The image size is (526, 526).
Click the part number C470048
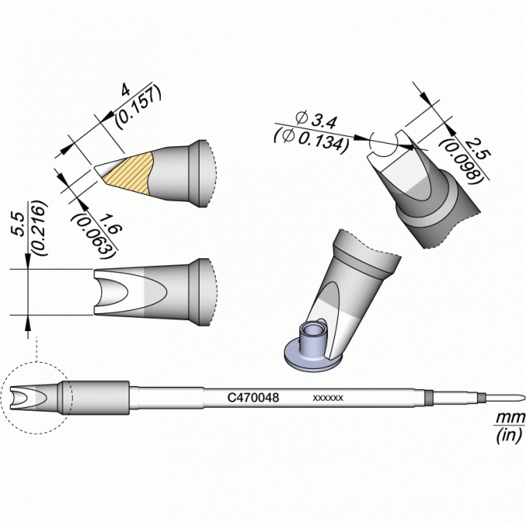[253, 398]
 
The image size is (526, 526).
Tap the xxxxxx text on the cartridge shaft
[328, 398]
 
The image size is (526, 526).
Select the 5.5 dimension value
[19, 224]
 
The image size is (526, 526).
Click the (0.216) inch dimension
[38, 228]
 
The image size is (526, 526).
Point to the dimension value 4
[125, 91]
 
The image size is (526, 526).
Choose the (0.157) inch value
[138, 107]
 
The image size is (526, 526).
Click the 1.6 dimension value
[110, 225]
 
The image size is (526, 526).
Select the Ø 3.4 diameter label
[316, 120]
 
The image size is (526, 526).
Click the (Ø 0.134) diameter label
[311, 139]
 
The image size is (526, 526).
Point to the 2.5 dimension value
[477, 149]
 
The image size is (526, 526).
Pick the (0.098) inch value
[460, 162]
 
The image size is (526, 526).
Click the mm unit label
[510, 418]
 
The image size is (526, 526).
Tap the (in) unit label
[508, 435]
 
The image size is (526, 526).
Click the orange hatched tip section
[128, 172]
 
